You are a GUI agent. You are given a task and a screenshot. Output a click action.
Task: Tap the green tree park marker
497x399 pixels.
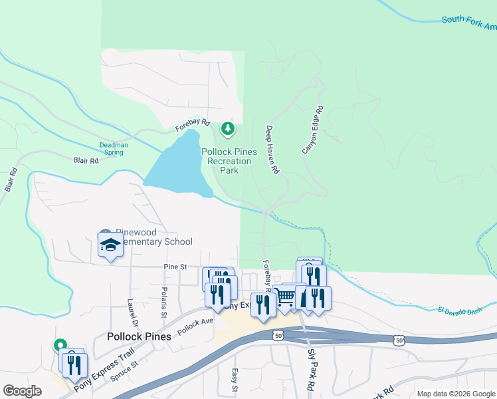click(x=228, y=127)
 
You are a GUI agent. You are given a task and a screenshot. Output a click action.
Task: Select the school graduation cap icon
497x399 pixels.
click(x=110, y=245)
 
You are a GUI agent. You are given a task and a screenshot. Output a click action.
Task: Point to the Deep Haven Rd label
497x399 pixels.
click(x=272, y=150)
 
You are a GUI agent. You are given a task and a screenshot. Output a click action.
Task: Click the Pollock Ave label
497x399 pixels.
click(x=195, y=325)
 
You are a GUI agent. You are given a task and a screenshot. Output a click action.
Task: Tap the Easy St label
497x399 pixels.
click(x=235, y=380)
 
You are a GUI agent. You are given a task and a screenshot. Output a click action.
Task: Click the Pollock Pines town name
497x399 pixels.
click(x=139, y=336)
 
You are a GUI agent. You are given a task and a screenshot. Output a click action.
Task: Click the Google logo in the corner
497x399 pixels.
click(x=22, y=391)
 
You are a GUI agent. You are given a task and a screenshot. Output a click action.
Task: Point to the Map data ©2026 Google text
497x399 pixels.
click(x=456, y=394)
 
